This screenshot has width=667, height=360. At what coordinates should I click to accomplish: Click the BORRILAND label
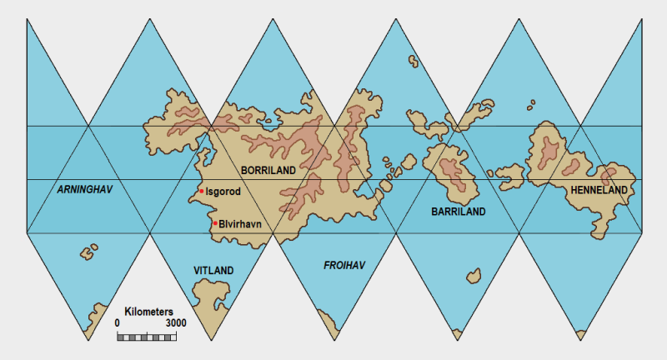click(x=268, y=170)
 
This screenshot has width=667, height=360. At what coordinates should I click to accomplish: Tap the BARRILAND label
click(x=459, y=212)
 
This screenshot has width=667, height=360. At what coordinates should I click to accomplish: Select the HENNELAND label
click(x=598, y=191)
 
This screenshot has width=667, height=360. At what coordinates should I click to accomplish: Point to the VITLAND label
click(x=213, y=271)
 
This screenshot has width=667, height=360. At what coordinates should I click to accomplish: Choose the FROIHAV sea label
click(x=344, y=266)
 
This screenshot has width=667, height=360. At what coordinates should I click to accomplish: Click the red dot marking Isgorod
click(x=201, y=192)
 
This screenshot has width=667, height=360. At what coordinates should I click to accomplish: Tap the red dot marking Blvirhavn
click(x=215, y=223)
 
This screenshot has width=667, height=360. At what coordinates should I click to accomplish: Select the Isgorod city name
click(x=223, y=192)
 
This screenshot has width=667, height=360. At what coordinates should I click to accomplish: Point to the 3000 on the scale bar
click(x=175, y=322)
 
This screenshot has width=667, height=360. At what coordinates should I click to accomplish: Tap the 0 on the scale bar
click(x=118, y=322)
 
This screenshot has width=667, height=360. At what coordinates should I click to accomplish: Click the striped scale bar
click(x=147, y=336)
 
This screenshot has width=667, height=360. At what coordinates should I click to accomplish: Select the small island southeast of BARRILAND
click(x=474, y=275)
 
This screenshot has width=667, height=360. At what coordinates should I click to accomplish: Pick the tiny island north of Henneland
click(x=531, y=104)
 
